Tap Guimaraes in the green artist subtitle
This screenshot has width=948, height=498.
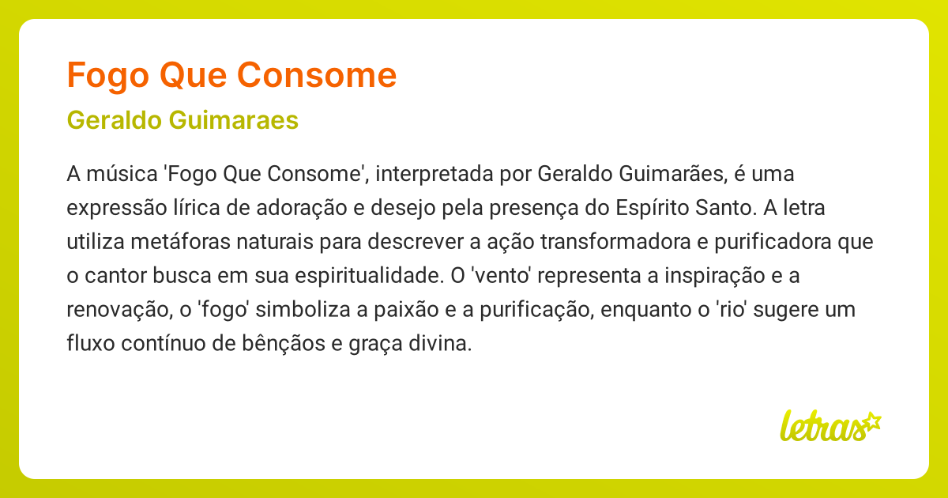(234, 120)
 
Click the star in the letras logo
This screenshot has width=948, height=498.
(871, 421)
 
